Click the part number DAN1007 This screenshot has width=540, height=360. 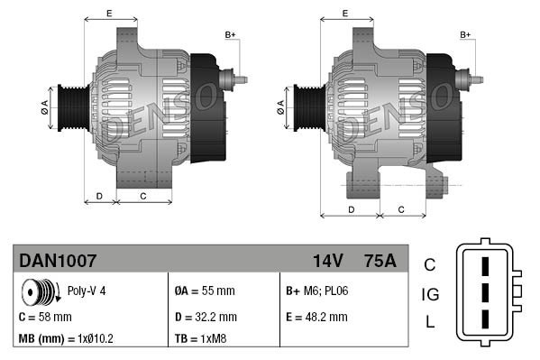pyautogui.click(x=58, y=261)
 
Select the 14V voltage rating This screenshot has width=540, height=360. pyautogui.click(x=327, y=261)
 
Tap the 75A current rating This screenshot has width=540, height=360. pyautogui.click(x=378, y=261)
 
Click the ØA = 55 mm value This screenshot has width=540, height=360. pyautogui.click(x=204, y=291)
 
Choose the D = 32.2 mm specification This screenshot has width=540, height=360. pyautogui.click(x=205, y=317)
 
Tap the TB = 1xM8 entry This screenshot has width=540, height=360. pyautogui.click(x=200, y=339)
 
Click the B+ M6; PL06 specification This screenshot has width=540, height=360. pyautogui.click(x=319, y=291)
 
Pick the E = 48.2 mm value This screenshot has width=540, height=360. pyautogui.click(x=316, y=317)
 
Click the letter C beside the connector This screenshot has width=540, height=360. pyautogui.click(x=430, y=264)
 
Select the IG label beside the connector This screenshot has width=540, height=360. pyautogui.click(x=430, y=294)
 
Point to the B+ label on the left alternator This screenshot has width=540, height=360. pyautogui.click(x=230, y=34)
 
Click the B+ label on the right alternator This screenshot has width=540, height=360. pyautogui.click(x=466, y=34)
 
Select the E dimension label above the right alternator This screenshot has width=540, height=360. pyautogui.click(x=346, y=13)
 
